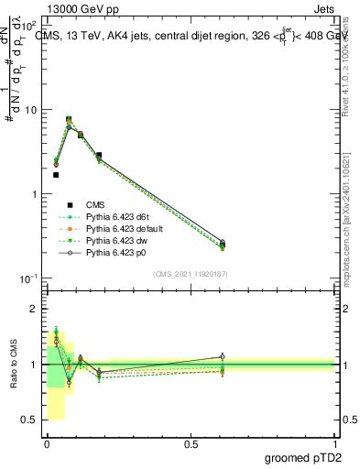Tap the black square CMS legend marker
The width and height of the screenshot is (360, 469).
70,204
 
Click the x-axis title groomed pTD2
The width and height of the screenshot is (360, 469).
303,457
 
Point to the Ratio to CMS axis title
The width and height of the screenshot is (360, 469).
14,365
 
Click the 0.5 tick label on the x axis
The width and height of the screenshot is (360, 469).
191,443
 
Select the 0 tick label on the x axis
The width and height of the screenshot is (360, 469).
47,443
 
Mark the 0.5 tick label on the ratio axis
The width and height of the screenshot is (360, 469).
30,420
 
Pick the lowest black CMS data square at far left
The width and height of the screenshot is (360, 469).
56,174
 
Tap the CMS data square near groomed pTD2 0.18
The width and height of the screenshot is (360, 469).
99,156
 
